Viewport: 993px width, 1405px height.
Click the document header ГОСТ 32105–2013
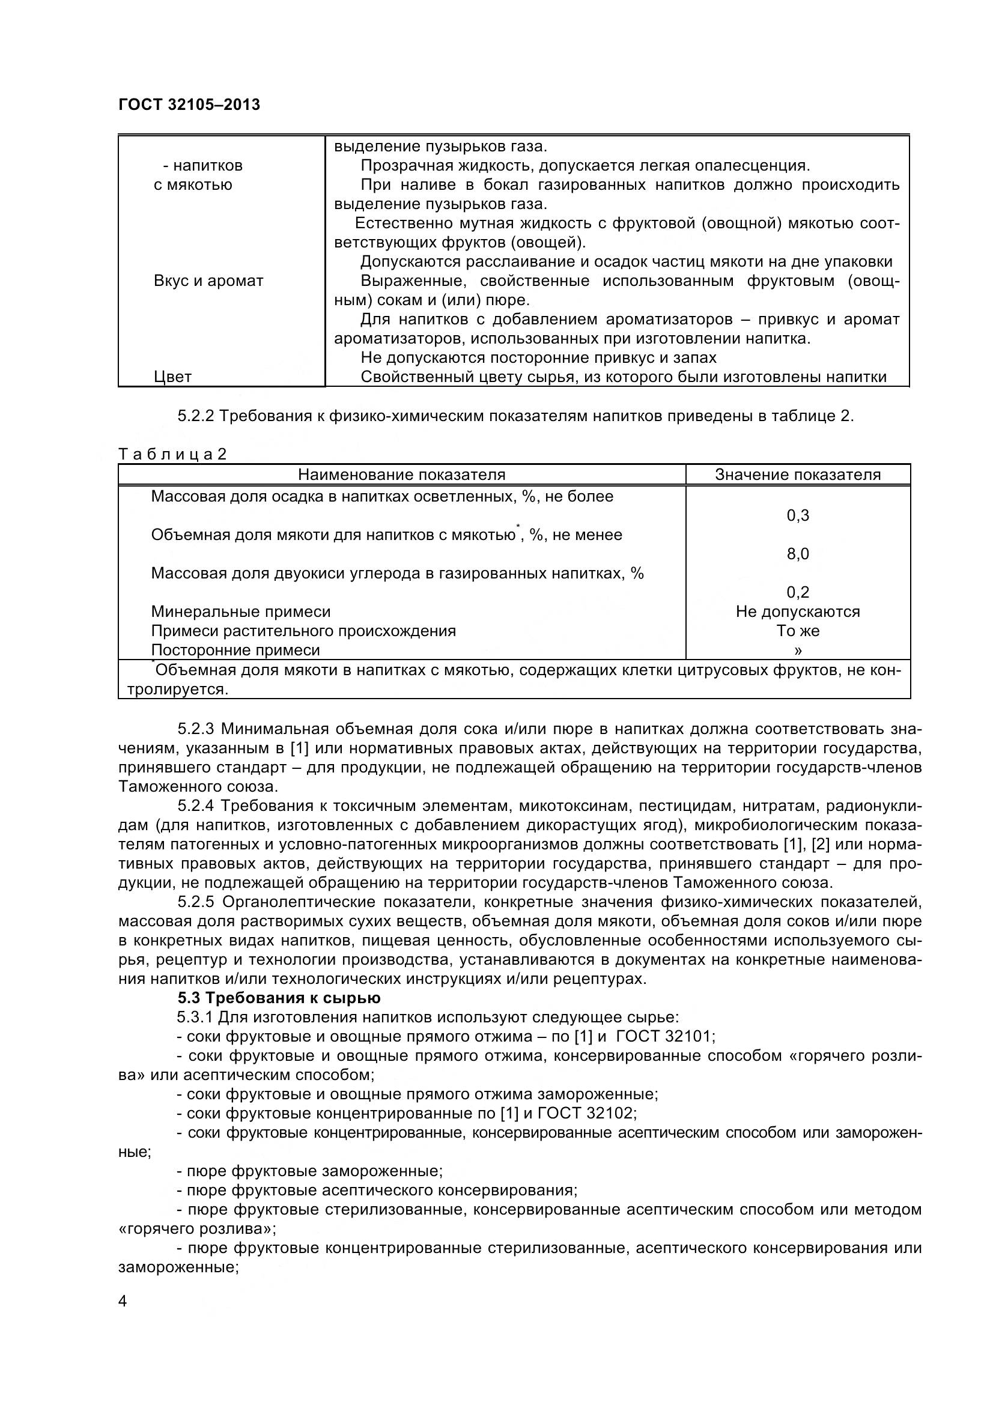189,105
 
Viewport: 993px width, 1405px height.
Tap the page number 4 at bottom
123,1302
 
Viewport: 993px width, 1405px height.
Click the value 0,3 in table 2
798,515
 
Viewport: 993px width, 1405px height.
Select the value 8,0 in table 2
798,554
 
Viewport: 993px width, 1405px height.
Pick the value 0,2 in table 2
798,592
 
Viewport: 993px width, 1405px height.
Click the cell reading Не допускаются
798,611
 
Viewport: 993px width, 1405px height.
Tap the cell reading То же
798,630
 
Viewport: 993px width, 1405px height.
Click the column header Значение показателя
798,475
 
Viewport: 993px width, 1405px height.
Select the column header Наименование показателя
401,475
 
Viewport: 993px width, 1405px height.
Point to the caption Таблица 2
172,454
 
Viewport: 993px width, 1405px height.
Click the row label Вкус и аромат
208,281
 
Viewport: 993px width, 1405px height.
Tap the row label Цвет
172,377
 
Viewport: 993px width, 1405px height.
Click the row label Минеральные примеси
240,611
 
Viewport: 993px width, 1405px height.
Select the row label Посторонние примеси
235,650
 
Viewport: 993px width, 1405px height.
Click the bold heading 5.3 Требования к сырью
279,998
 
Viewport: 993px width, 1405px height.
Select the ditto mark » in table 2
798,650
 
